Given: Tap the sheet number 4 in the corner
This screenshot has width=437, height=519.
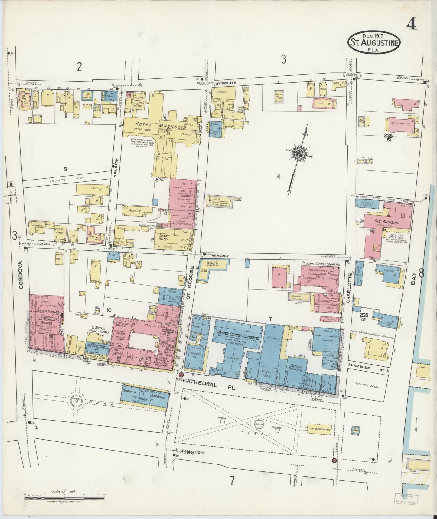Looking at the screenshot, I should pyautogui.click(x=412, y=24).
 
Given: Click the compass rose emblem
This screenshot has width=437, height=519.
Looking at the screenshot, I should pyautogui.click(x=298, y=153).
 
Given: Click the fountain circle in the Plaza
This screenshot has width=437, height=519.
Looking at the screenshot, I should pyautogui.click(x=259, y=424).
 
